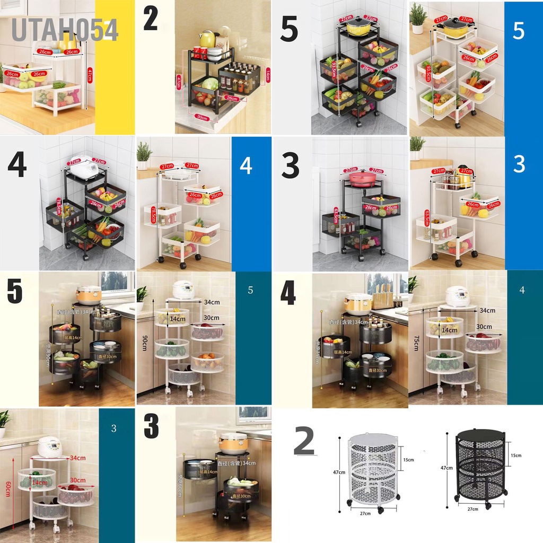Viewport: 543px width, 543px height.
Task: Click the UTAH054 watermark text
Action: pos(64,30)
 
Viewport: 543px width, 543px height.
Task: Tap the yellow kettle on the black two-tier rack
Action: pos(207,38)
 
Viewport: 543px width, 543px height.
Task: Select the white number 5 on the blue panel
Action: pos(519,31)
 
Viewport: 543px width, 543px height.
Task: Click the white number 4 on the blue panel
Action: pos(246,166)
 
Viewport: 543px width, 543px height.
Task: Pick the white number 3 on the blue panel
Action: pos(519,164)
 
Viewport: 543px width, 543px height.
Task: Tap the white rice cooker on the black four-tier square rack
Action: pos(84,168)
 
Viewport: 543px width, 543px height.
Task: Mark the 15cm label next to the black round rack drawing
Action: pos(516,455)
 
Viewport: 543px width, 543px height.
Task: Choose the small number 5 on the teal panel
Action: pos(250,291)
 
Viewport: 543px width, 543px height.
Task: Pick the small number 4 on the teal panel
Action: pos(522,290)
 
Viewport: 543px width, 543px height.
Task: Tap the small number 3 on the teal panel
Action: pos(114,428)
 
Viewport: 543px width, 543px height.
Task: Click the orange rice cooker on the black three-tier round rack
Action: pos(234,443)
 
